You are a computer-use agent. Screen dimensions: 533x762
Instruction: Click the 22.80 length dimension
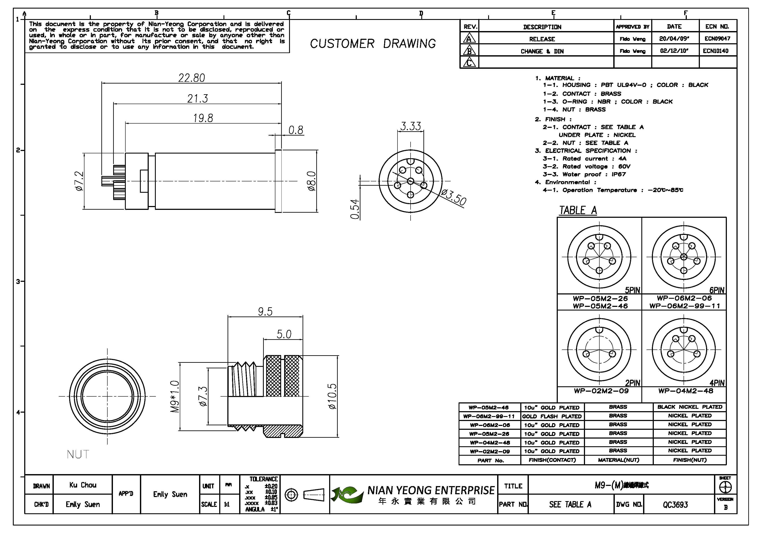(x=192, y=78)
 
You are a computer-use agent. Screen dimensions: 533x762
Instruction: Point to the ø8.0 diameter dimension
(x=311, y=181)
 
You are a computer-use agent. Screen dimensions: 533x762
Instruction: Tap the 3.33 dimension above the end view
(x=411, y=126)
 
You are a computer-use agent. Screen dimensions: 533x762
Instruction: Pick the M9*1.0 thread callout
(x=175, y=397)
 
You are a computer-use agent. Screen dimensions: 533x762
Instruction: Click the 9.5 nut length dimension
(x=265, y=312)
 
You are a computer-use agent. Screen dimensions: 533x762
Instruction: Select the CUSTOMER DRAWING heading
(x=373, y=44)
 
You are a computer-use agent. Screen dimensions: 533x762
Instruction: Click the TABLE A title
(x=578, y=210)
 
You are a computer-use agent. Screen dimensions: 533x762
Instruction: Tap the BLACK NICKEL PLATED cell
(x=690, y=407)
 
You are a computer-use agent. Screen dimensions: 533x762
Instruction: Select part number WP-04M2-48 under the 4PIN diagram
(x=686, y=391)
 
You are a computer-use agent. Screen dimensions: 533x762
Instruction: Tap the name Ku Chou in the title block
(x=83, y=485)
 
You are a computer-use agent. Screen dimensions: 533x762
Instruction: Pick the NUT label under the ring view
(x=78, y=454)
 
